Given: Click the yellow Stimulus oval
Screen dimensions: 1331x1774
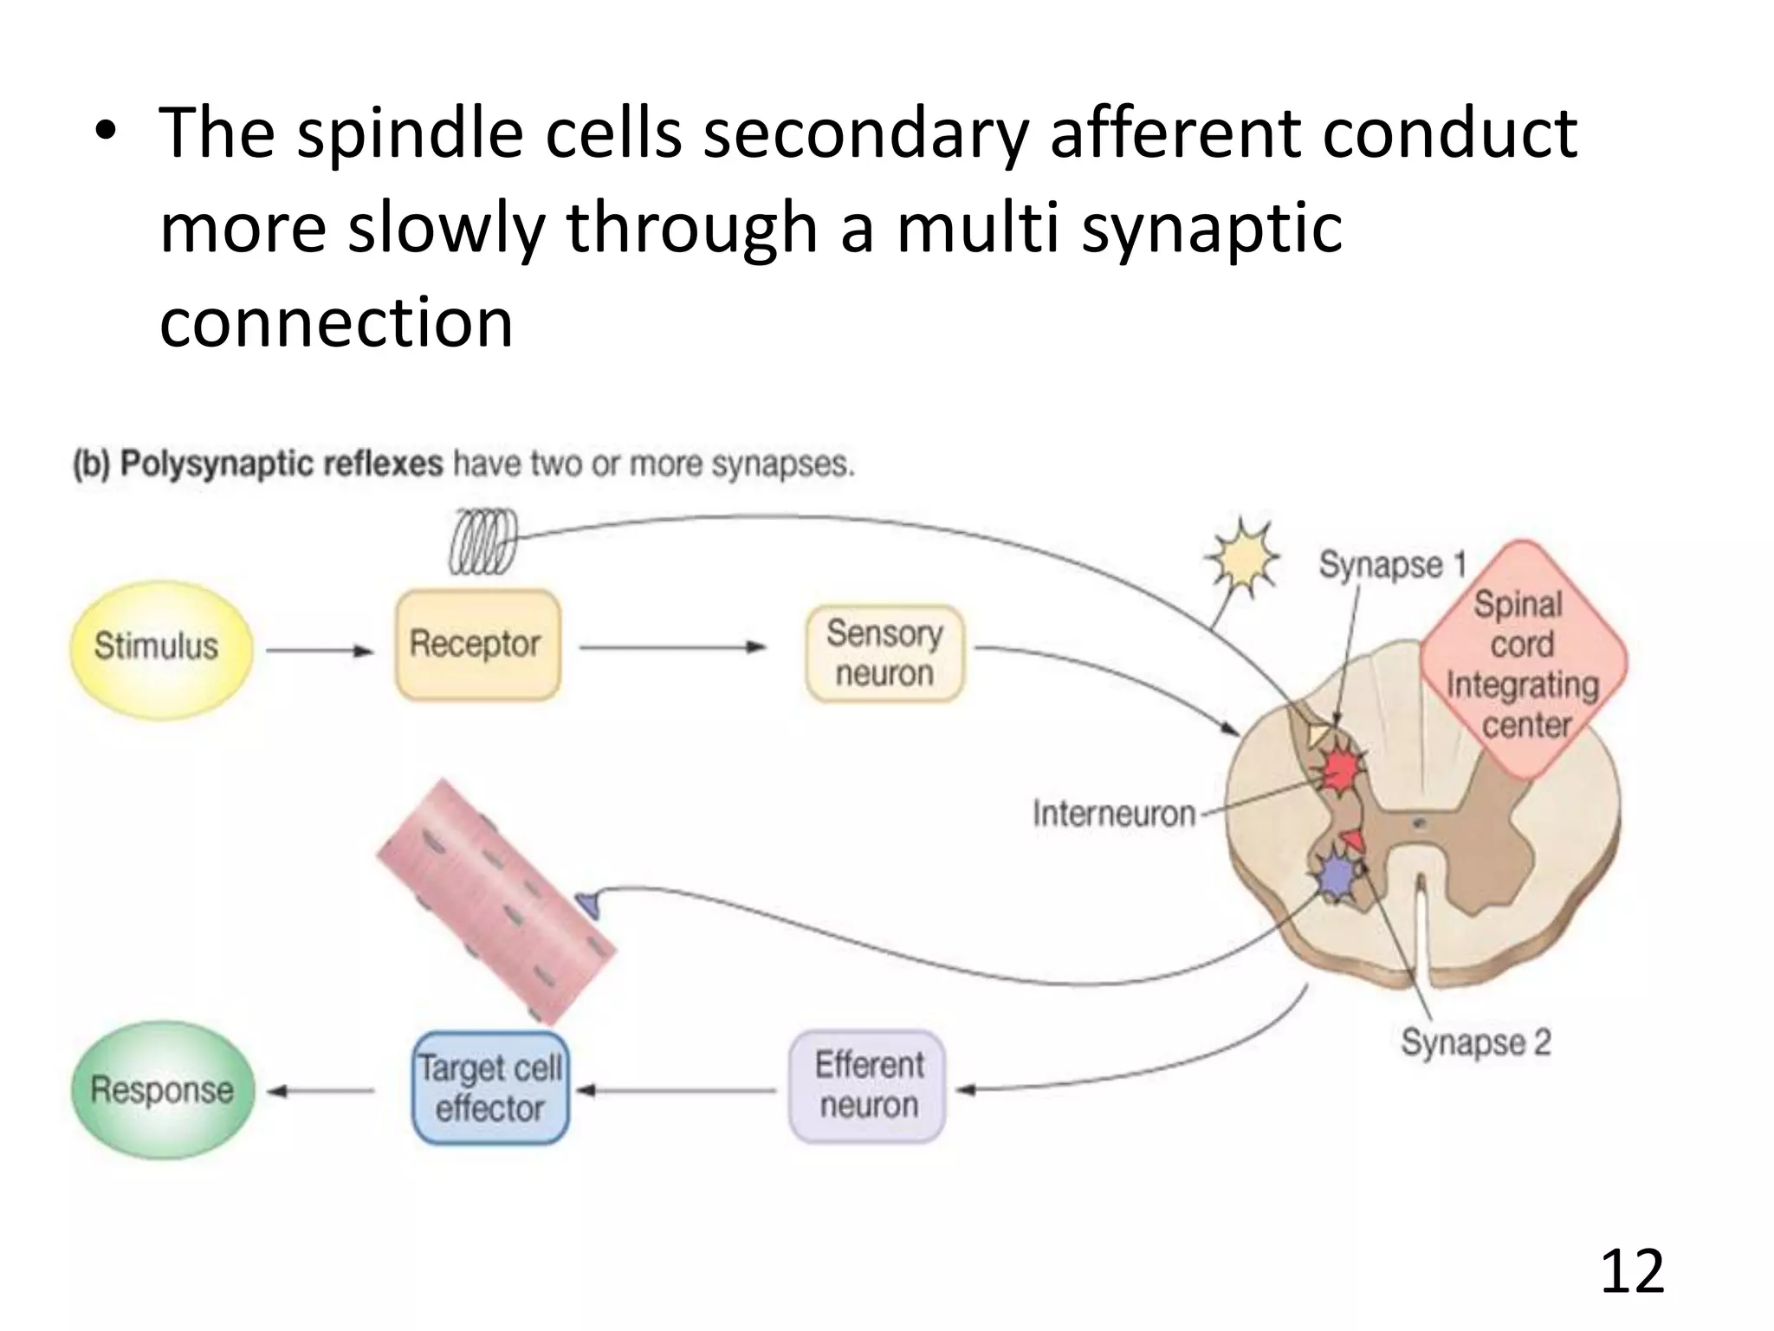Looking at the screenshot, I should (160, 648).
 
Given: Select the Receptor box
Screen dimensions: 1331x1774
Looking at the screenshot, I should (477, 645).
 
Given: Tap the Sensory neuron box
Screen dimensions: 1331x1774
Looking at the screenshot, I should (884, 653).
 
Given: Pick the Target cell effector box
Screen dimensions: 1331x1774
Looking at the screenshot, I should (490, 1088).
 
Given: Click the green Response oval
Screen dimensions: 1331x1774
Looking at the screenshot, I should (163, 1089).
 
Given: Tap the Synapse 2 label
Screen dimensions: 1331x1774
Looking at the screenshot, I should (1475, 1042).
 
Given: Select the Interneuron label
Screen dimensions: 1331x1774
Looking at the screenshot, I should (1114, 814).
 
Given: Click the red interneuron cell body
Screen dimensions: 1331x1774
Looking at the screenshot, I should (1340, 768).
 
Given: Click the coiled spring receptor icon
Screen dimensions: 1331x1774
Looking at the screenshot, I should (482, 541).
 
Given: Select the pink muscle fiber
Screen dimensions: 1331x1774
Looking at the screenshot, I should (495, 901).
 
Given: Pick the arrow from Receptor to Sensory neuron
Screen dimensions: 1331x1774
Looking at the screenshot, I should (672, 646).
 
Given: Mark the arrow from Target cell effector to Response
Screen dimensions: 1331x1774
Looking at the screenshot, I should (321, 1091).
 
